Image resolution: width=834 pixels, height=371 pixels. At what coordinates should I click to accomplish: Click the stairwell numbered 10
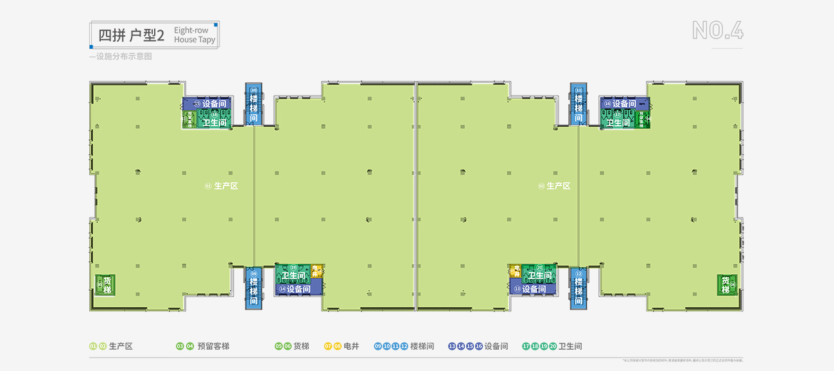[x=254, y=104]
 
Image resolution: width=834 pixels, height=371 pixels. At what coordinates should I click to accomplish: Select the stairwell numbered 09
[x=254, y=286]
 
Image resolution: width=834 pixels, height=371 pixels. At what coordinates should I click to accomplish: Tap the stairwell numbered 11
[x=578, y=104]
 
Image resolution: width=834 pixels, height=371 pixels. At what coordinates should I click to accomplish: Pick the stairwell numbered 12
[x=578, y=286]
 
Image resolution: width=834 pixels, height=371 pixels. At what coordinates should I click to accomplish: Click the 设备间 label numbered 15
[x=207, y=103]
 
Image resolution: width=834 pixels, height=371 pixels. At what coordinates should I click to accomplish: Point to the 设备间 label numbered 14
[x=294, y=289]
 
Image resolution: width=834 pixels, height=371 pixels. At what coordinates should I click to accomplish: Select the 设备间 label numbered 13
[x=530, y=289]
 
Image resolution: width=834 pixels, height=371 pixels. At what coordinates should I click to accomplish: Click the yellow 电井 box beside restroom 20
[x=515, y=271]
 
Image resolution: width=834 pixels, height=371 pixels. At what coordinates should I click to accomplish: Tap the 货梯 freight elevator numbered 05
[x=105, y=284]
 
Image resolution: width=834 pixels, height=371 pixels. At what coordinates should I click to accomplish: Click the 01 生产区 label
[x=222, y=186]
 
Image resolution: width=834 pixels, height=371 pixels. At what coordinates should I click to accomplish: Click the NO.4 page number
[x=717, y=31]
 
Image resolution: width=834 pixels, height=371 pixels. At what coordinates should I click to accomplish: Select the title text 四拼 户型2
[x=132, y=35]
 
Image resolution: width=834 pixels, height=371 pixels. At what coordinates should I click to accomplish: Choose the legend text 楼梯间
[x=422, y=347]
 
